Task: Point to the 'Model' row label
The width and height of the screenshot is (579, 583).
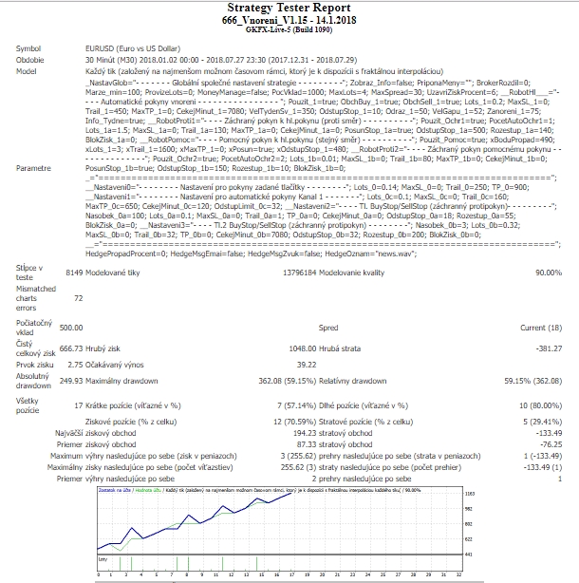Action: point(28,70)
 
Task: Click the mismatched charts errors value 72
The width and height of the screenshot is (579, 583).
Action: point(78,297)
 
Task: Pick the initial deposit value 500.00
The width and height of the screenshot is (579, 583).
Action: point(71,328)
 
